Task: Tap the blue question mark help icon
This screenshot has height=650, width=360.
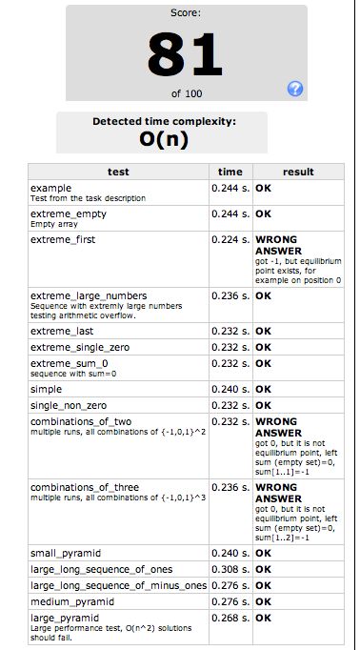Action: click(295, 89)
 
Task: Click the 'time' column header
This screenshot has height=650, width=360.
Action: click(230, 172)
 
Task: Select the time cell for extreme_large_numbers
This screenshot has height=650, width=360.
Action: click(230, 295)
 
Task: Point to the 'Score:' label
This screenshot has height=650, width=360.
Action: click(186, 14)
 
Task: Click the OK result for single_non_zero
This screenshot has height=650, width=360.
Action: click(264, 404)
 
